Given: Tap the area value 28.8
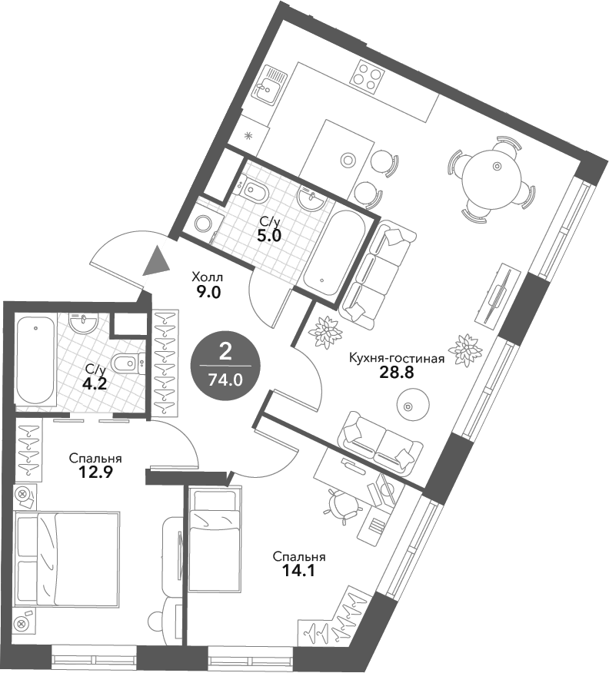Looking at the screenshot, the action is [x=397, y=372].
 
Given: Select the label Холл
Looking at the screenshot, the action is [x=208, y=277].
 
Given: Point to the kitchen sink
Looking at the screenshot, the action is [x=268, y=85].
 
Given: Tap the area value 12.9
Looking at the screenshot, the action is [x=95, y=472].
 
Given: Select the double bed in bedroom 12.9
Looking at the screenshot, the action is [x=67, y=559].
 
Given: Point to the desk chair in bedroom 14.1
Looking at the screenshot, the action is [x=342, y=503].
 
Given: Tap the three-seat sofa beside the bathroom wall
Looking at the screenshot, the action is [x=377, y=274].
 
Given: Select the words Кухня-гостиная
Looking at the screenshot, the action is [x=397, y=358].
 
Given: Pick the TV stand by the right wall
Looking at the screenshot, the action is [x=498, y=294].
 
